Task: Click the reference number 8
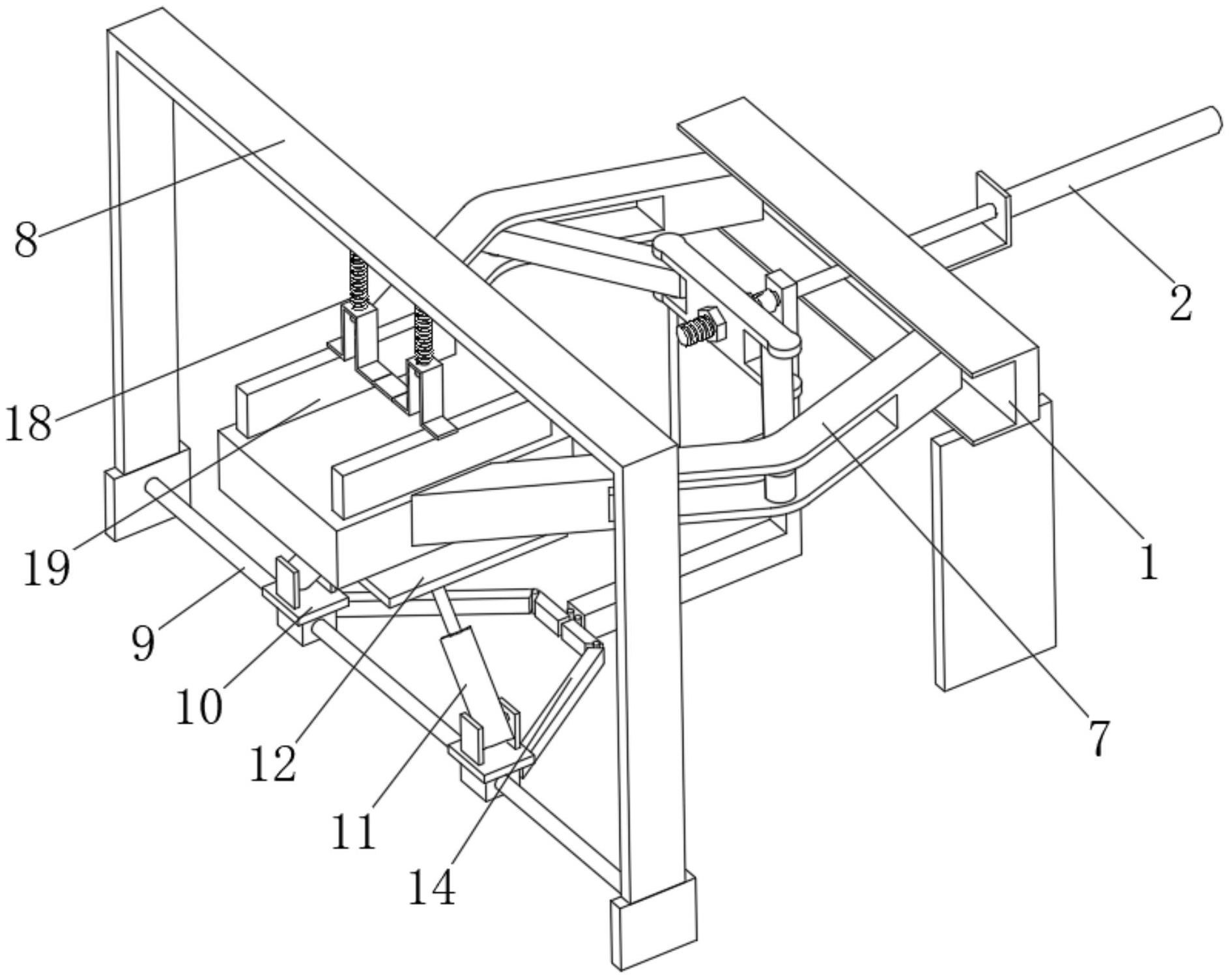(x=26, y=240)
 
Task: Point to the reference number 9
(x=143, y=643)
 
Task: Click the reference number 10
(x=199, y=707)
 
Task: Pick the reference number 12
(x=272, y=764)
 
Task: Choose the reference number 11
(x=354, y=832)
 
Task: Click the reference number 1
(x=1149, y=562)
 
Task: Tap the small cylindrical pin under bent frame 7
(x=780, y=488)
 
